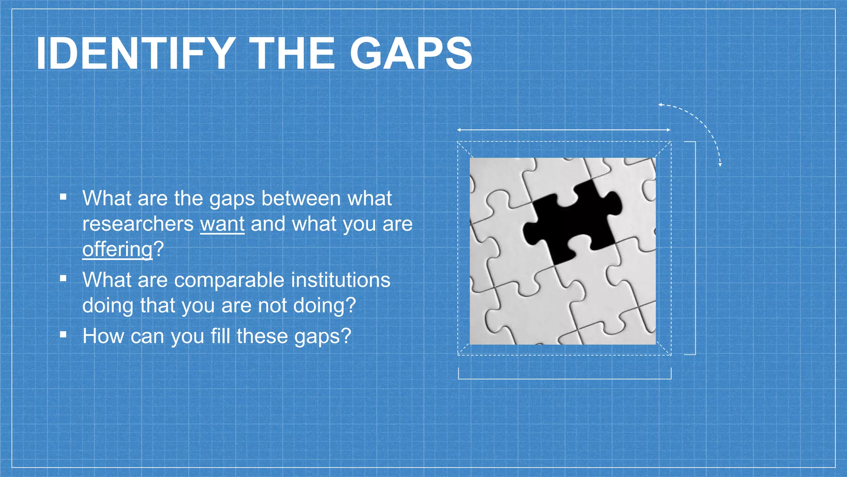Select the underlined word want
tap(223, 224)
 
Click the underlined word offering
tap(117, 249)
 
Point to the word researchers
tap(138, 224)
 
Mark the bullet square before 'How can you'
tap(63, 335)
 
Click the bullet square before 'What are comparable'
tap(63, 279)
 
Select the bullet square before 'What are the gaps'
tap(63, 197)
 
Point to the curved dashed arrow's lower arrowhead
tap(720, 164)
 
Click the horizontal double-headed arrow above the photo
tap(563, 130)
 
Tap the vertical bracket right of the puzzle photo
tap(695, 248)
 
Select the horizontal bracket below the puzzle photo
tap(565, 378)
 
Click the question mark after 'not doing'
tap(350, 306)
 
